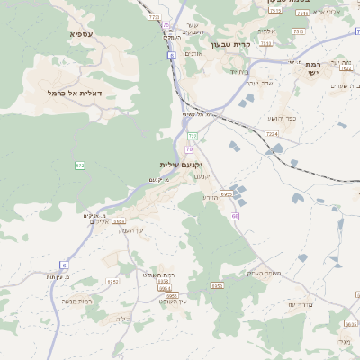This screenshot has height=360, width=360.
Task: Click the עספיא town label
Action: [82, 33]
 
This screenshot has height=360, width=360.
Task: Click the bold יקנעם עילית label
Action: [177, 165]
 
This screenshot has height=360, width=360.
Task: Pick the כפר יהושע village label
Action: [283, 119]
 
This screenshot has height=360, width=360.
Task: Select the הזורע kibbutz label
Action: [210, 197]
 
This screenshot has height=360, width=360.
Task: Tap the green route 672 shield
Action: [79, 166]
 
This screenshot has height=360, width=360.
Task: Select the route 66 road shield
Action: [235, 216]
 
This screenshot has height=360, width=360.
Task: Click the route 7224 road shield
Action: [272, 134]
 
